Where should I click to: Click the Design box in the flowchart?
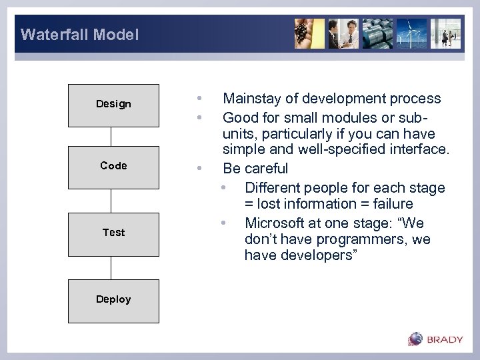pyautogui.click(x=113, y=105)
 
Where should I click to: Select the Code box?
pyautogui.click(x=113, y=166)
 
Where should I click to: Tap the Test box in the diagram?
pyautogui.click(x=113, y=233)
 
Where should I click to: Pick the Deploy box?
pyautogui.click(x=113, y=300)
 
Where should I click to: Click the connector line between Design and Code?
pyautogui.click(x=111, y=136)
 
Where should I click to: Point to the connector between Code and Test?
pyautogui.click(x=111, y=201)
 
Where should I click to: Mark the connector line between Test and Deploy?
pyautogui.click(x=111, y=267)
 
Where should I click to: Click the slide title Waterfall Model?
pyautogui.click(x=79, y=35)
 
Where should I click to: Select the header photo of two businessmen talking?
pyautogui.click(x=344, y=33)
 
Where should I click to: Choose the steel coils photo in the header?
pyautogui.click(x=377, y=33)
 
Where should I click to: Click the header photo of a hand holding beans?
pyautogui.click(x=310, y=33)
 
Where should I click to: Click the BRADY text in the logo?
pyautogui.click(x=445, y=339)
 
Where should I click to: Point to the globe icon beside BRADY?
pyautogui.click(x=416, y=339)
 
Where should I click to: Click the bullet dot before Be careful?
pyautogui.click(x=199, y=169)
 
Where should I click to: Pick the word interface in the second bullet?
pyautogui.click(x=419, y=149)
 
